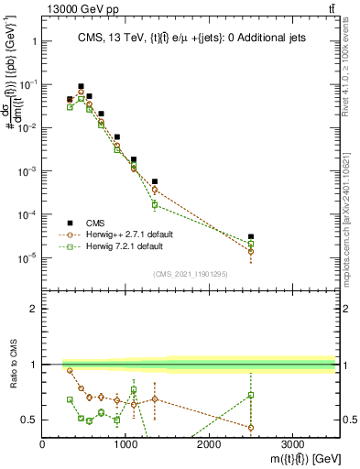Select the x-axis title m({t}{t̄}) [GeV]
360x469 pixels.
(x=292, y=458)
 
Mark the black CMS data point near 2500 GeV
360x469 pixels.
(x=250, y=237)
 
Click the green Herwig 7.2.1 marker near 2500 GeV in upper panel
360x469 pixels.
(x=250, y=244)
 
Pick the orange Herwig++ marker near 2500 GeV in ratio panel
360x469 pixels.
(x=250, y=428)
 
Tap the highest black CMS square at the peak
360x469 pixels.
(x=81, y=86)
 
